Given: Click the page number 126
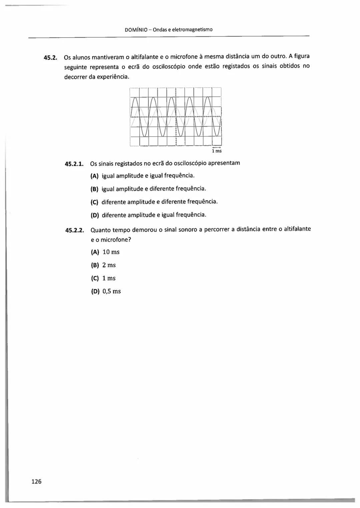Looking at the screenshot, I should tap(36, 481).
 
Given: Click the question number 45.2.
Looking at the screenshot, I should tap(51, 57).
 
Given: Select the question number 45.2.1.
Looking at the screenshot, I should tap(74, 164).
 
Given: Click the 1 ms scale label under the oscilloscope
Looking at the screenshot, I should tap(217, 151).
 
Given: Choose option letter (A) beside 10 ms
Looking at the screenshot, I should tap(95, 252).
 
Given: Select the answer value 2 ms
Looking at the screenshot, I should tap(109, 265).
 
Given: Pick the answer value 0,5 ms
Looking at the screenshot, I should tap(112, 291).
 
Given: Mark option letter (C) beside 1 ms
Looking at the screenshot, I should tap(95, 278).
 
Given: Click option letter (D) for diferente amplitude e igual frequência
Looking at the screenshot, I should tap(95, 215).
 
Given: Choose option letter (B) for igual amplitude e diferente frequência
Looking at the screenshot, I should tap(95, 189).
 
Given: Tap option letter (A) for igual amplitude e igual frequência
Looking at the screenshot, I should tap(95, 176).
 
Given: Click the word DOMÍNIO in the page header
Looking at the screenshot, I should tap(135, 30).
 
